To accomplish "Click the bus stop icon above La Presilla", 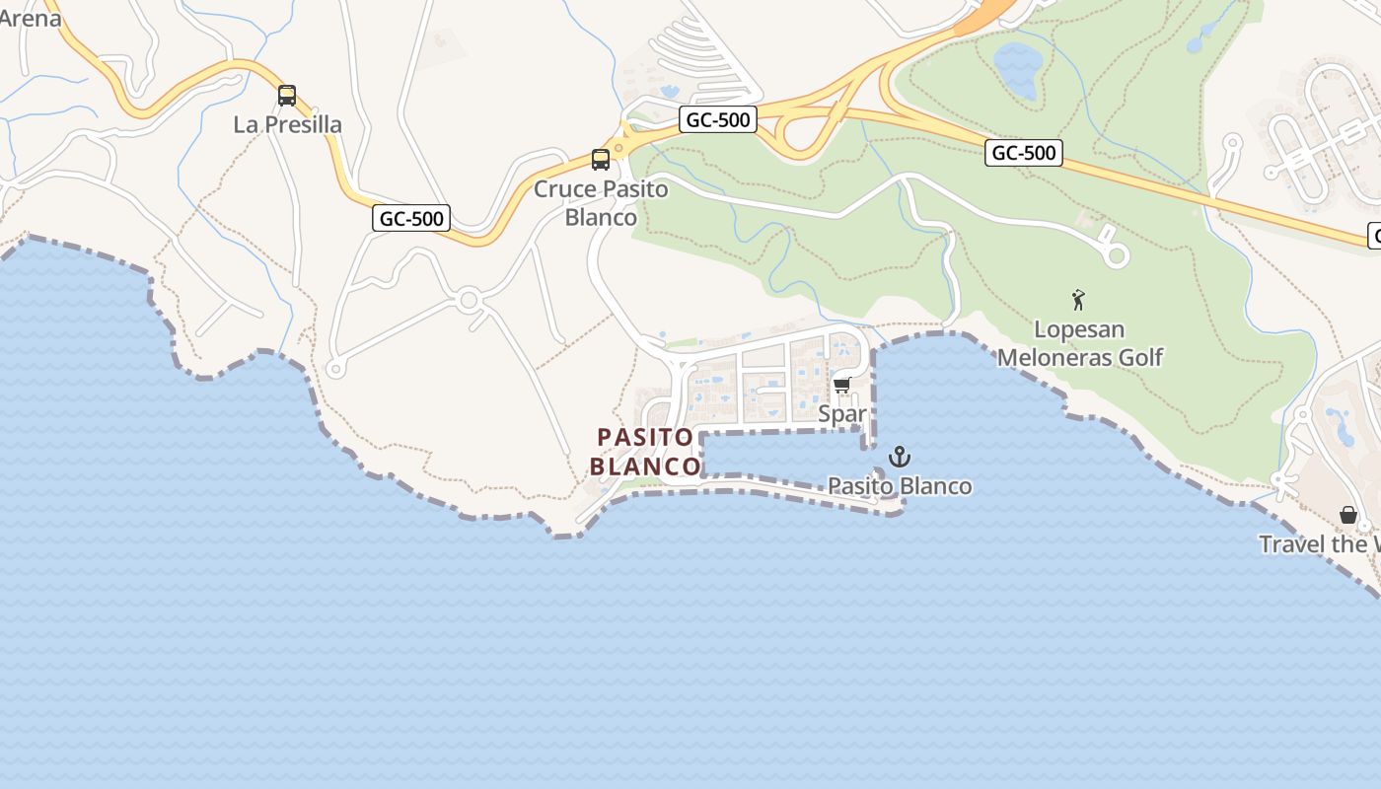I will [x=287, y=96].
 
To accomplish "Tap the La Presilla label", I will [x=287, y=125].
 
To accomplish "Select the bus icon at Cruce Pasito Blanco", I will [x=600, y=159].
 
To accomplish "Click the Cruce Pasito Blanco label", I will [x=601, y=202].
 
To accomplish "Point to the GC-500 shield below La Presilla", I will [x=411, y=218].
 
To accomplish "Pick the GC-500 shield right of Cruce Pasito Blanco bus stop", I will [x=718, y=120].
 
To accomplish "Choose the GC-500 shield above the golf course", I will [x=1023, y=153].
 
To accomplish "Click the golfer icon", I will [x=1078, y=300].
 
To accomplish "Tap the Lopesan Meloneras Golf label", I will [x=1080, y=343].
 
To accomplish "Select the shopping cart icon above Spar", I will [x=841, y=385].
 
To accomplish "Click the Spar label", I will [x=841, y=414].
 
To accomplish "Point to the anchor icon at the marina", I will [x=899, y=457].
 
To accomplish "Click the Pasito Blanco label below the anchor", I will [x=899, y=486].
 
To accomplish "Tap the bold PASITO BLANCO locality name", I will [x=648, y=451].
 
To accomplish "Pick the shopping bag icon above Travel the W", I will [x=1348, y=515].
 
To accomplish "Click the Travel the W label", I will [x=1319, y=544].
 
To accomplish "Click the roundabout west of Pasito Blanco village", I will [x=469, y=299].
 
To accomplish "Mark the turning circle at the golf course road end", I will [x=1116, y=255].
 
